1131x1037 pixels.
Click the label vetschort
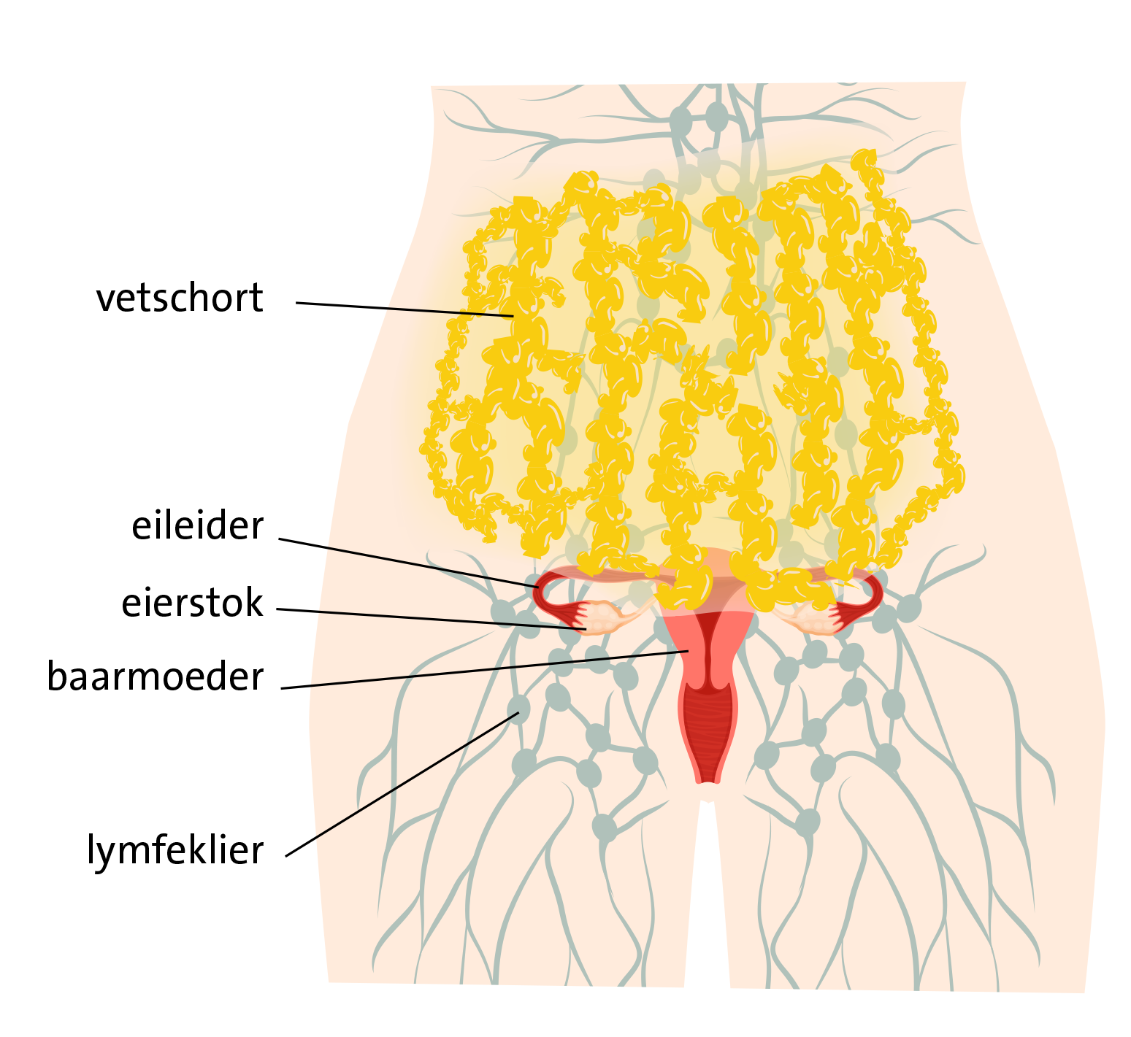click(180, 298)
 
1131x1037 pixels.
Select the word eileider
click(197, 525)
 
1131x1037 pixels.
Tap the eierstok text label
click(192, 603)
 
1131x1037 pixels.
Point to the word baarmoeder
click(155, 676)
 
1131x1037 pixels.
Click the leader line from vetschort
click(405, 309)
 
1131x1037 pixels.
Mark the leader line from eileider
click(409, 563)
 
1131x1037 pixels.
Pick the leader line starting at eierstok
click(431, 619)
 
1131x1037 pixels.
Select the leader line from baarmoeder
click(484, 669)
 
